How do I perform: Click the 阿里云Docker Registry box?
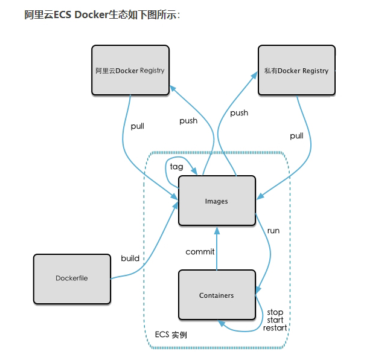click(x=130, y=70)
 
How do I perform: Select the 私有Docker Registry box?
click(x=296, y=70)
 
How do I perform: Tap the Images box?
click(x=217, y=201)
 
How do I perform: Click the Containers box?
click(x=217, y=295)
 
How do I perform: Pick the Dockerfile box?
click(x=72, y=278)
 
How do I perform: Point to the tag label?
click(x=176, y=166)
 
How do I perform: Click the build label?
click(x=130, y=258)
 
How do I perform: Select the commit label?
click(x=200, y=251)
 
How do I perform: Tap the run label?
click(x=273, y=230)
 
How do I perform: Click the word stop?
click(x=275, y=312)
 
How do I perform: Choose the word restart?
click(x=275, y=328)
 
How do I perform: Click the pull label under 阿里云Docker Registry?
click(x=137, y=126)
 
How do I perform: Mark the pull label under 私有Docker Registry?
click(x=296, y=136)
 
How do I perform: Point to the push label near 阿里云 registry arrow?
click(x=188, y=120)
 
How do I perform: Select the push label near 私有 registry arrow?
click(x=239, y=112)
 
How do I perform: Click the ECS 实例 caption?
click(x=170, y=335)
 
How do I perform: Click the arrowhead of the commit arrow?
click(x=217, y=230)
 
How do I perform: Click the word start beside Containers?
click(x=275, y=320)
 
